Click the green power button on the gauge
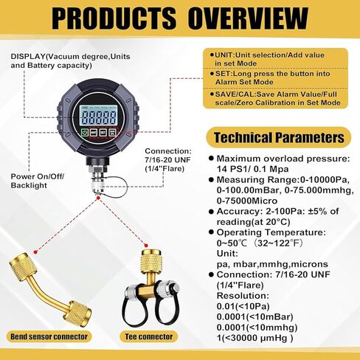click(85, 133)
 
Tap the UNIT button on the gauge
click(94, 133)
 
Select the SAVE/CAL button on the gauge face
click(112, 133)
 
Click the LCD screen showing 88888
click(98, 116)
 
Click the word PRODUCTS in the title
click(114, 18)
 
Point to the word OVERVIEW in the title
click(249, 18)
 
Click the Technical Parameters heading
click(279, 137)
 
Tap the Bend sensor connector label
click(49, 336)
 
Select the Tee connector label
click(149, 336)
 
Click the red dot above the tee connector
click(146, 246)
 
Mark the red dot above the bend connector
click(35, 252)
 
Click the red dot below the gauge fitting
click(98, 198)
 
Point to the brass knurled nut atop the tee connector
click(150, 261)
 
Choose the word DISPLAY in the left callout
click(28, 57)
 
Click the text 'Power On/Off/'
click(38, 176)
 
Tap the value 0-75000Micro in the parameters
click(247, 201)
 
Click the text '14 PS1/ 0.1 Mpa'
click(252, 169)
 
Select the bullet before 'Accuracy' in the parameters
click(211, 212)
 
